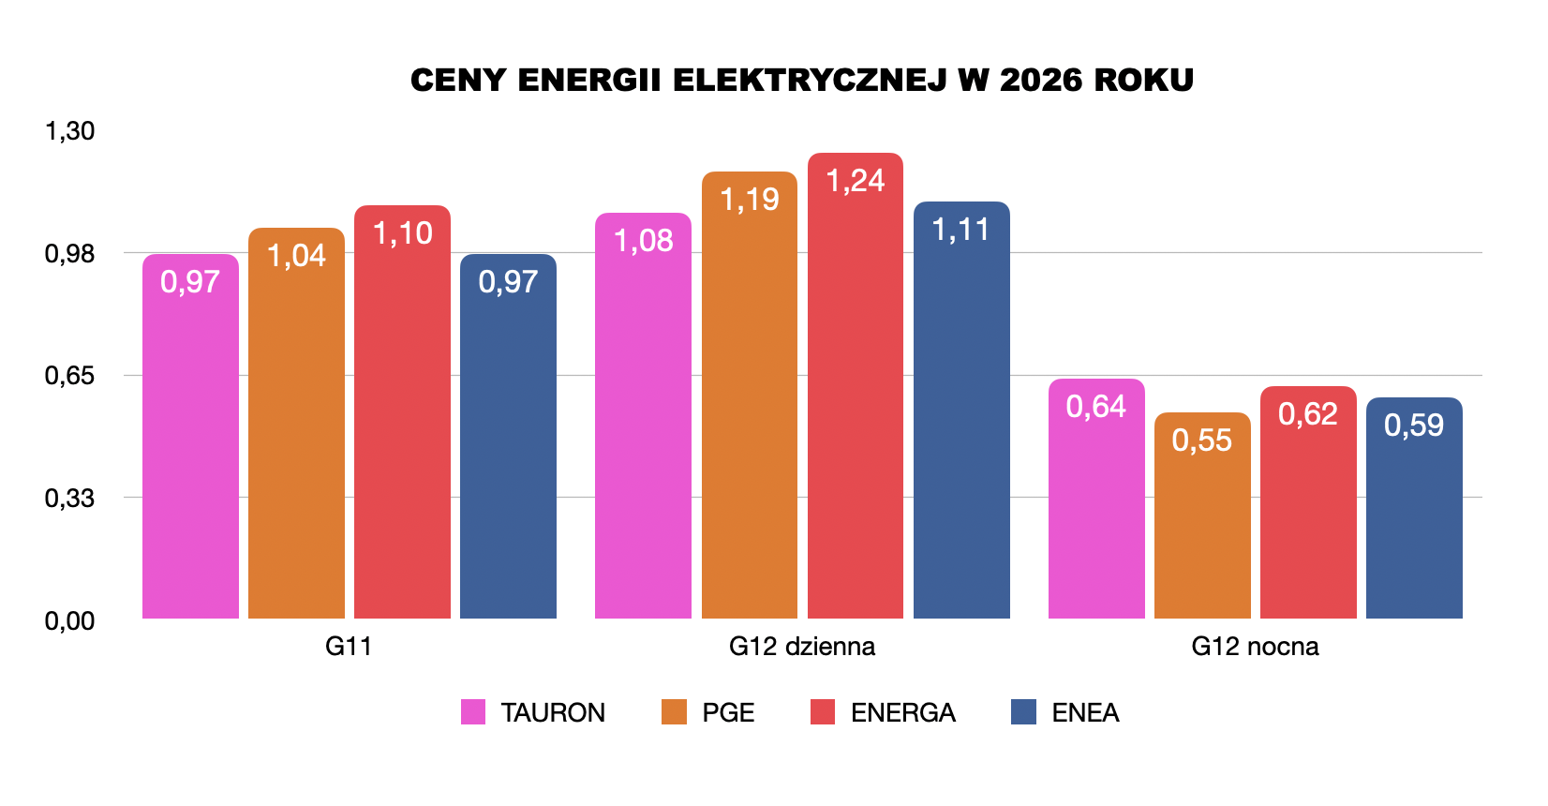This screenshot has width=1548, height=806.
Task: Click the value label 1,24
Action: pos(855,180)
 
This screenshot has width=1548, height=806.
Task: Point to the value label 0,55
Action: pos(1201,440)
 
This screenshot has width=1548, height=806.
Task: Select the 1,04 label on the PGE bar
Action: pos(296,255)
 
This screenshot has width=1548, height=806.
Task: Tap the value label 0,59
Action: pos(1413,425)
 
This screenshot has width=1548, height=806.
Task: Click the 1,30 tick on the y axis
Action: pos(70,131)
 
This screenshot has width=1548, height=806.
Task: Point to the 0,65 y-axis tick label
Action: pos(70,376)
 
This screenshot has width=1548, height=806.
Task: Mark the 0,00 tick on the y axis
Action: pos(70,620)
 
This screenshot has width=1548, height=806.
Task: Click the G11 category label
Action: pos(349,647)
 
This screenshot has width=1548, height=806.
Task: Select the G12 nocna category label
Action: pos(1255,647)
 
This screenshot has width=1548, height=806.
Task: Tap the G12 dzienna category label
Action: pos(802,647)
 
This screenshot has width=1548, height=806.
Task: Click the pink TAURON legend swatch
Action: pos(473,712)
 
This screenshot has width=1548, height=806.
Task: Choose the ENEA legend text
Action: pos(1085,713)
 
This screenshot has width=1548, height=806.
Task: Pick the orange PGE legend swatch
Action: pos(674,712)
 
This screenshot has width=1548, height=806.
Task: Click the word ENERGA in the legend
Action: pos(902,713)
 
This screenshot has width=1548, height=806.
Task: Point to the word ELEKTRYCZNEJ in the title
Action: pos(810,81)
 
